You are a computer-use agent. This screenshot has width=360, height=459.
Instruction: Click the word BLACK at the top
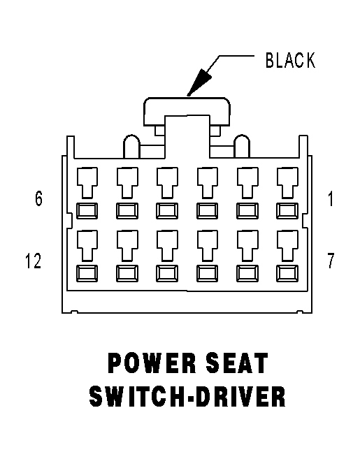coord(290,60)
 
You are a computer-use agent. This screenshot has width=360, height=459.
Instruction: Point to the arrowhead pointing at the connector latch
coord(199,82)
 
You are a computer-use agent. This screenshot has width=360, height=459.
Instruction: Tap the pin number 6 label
coord(38,198)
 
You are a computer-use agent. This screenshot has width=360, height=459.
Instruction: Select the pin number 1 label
coord(331,199)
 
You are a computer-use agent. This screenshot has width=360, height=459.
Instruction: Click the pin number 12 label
coord(33,261)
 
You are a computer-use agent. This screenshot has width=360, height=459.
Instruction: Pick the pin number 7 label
coord(331,260)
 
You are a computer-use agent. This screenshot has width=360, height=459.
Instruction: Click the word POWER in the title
coord(152,363)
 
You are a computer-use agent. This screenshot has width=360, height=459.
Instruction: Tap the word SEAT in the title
coord(237,363)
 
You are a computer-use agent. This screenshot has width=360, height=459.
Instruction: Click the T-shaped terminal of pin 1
coord(287,183)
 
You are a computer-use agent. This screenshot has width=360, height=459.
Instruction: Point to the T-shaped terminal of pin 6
coord(87,183)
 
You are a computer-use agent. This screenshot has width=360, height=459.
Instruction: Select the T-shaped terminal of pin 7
coord(287,246)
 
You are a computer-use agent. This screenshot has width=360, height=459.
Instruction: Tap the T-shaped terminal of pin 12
coord(87,246)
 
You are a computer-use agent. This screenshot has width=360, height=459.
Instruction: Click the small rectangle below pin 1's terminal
coord(287,211)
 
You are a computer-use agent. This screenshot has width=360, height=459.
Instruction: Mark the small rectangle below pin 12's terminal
coord(87,273)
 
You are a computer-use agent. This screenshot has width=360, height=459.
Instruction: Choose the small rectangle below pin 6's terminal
coord(87,211)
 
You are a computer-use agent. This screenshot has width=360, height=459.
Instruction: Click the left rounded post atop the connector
coord(132,147)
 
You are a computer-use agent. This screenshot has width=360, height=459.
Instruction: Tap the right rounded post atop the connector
coord(242,147)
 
